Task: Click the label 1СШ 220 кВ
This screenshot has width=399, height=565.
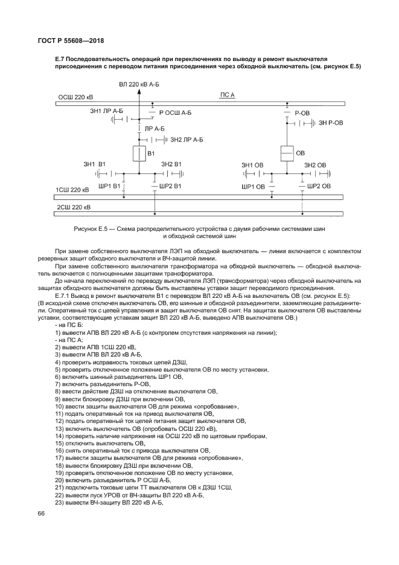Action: click(73, 190)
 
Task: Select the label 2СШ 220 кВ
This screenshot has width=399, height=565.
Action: click(73, 207)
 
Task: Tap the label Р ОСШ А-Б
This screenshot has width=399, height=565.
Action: click(175, 113)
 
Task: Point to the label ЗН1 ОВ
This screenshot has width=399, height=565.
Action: click(252, 165)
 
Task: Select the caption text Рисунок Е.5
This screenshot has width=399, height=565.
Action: click(91, 230)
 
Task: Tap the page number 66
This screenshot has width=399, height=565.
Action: click(42, 513)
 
